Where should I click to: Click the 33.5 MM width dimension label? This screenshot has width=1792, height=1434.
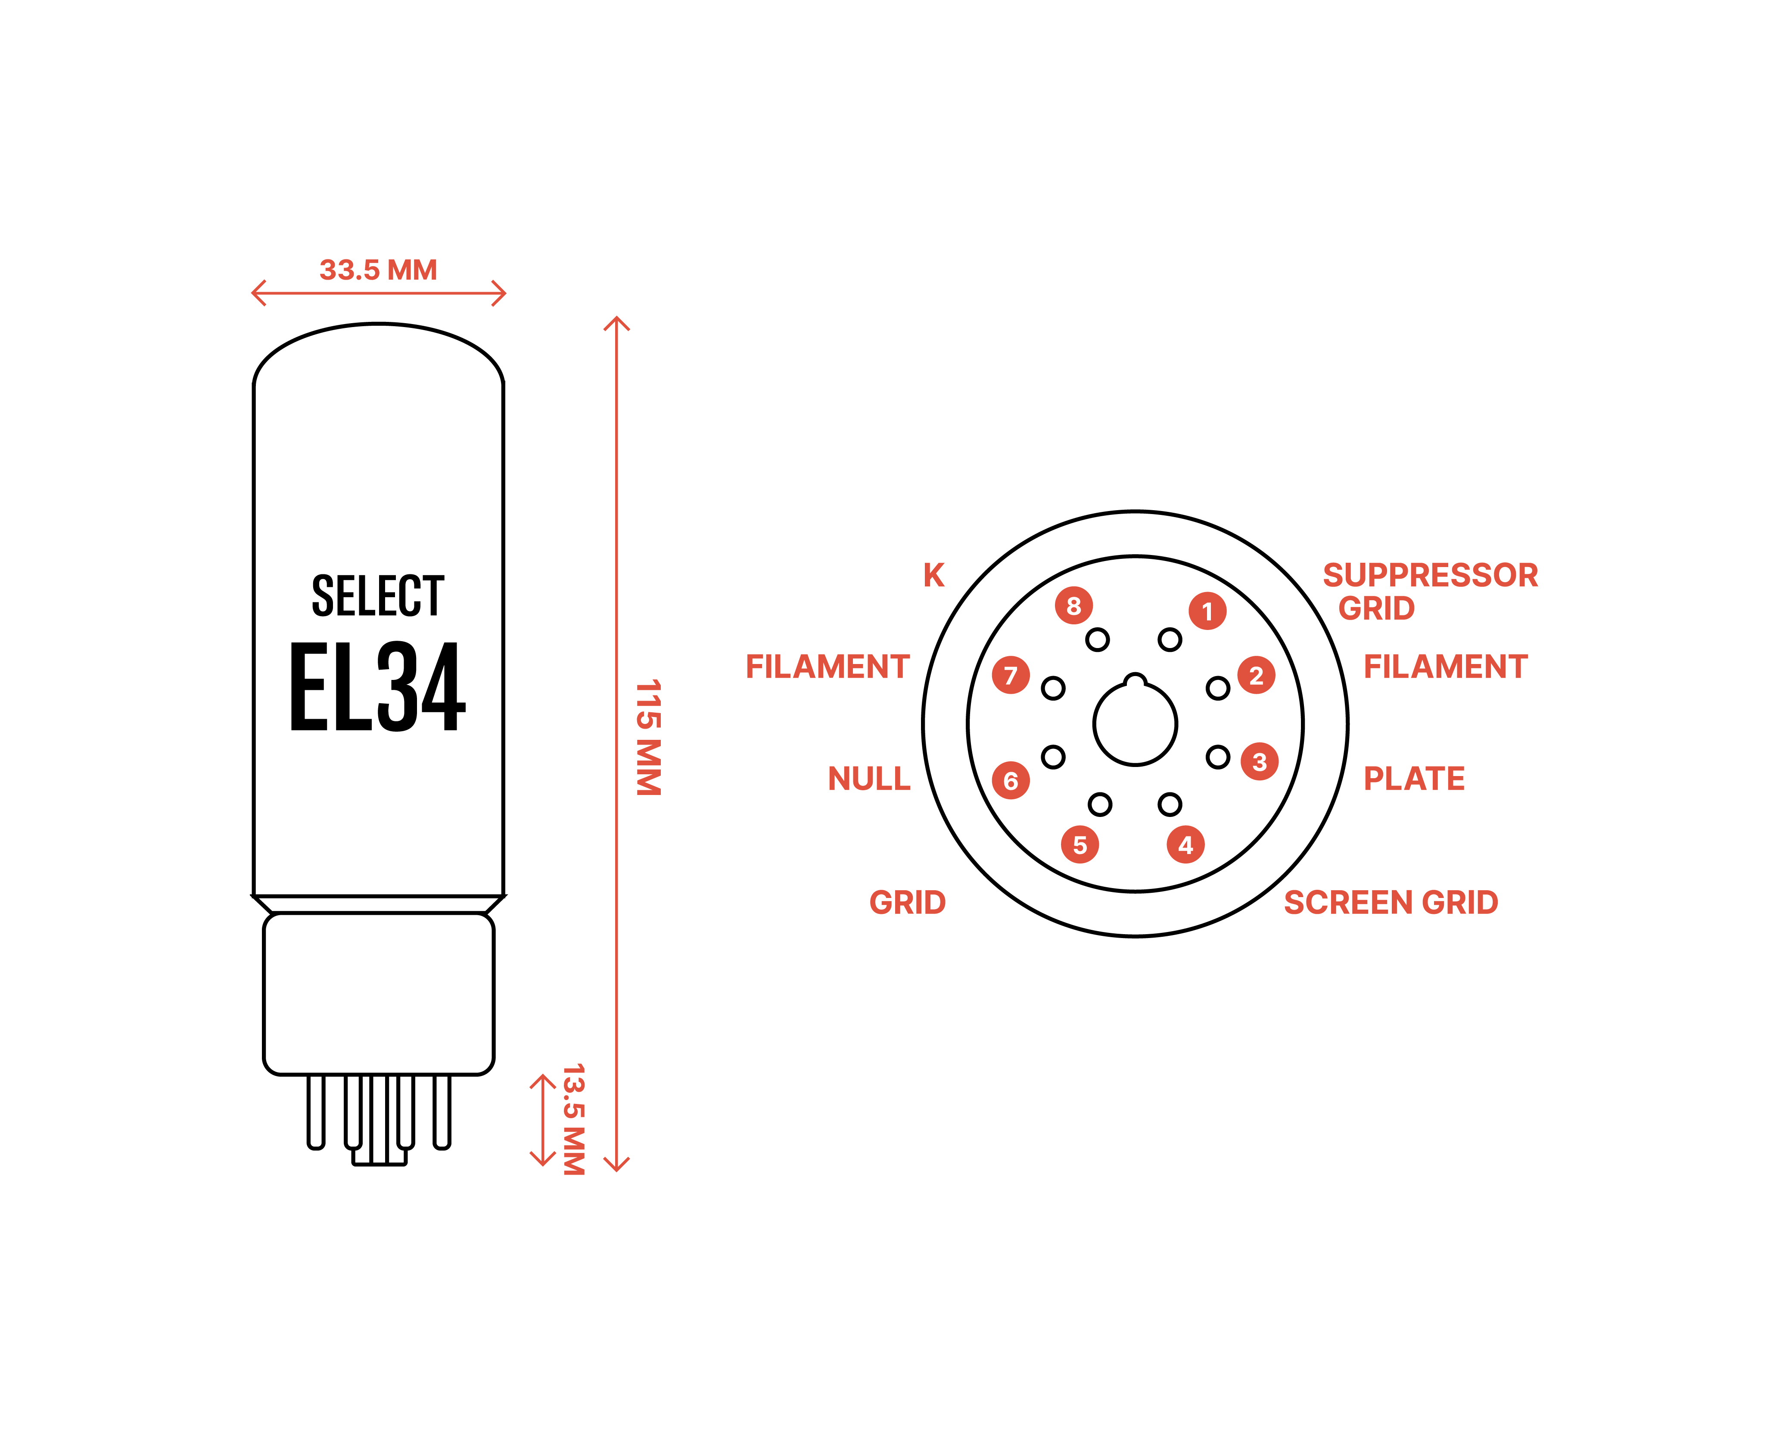coord(378,270)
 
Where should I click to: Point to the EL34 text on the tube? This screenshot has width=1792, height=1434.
coord(378,687)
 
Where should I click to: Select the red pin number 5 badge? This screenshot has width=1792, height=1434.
coord(1080,845)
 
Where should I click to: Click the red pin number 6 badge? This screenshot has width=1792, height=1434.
coord(1011,781)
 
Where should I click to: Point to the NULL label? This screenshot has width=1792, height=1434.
coord(869,778)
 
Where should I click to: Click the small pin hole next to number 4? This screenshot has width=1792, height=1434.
coord(1170,804)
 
